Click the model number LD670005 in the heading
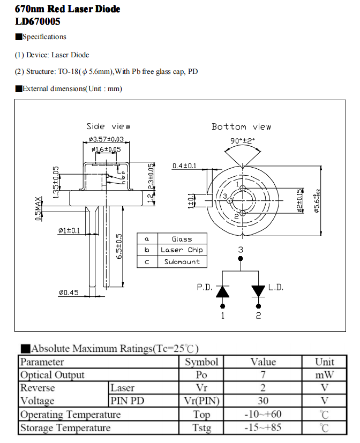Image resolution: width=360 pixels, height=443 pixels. pyautogui.click(x=37, y=22)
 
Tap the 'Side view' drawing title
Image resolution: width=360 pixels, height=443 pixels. pyautogui.click(x=108, y=126)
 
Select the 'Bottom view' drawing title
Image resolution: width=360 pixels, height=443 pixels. pyautogui.click(x=241, y=127)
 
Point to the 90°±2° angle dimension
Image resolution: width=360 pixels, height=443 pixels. pyautogui.click(x=242, y=140)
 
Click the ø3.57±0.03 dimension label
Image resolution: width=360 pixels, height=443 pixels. pyautogui.click(x=106, y=139)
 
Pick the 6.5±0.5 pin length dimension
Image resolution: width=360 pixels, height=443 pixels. pyautogui.click(x=119, y=246)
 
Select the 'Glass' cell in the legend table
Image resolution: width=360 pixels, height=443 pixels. pyautogui.click(x=182, y=239)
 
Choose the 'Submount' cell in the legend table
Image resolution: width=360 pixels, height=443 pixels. pyautogui.click(x=182, y=262)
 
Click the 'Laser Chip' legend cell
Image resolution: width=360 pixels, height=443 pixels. pyautogui.click(x=182, y=250)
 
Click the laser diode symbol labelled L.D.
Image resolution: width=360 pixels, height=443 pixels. pyautogui.click(x=258, y=291)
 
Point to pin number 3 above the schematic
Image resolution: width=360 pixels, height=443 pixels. pyautogui.click(x=241, y=250)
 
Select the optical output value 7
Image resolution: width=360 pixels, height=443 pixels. pyautogui.click(x=263, y=375)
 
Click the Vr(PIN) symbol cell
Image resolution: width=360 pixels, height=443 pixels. pyautogui.click(x=201, y=401)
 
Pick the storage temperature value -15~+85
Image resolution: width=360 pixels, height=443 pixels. pyautogui.click(x=263, y=427)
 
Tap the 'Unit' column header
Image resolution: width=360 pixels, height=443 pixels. pyautogui.click(x=324, y=362)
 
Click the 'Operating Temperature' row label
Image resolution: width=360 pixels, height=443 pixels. pyautogui.click(x=70, y=414)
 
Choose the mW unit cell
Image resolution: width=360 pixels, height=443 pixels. pyautogui.click(x=324, y=375)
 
